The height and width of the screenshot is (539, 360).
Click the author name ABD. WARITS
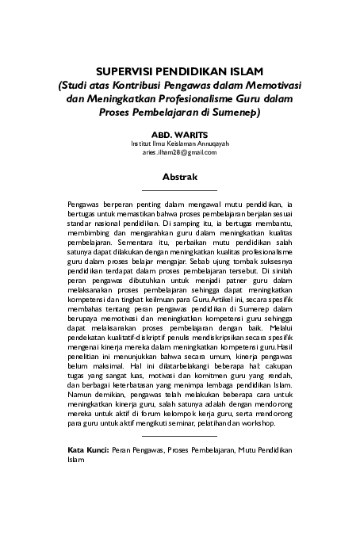tap(179, 135)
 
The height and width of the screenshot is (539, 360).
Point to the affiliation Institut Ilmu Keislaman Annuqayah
tap(179, 143)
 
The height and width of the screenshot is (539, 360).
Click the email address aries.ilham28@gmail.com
tap(179, 152)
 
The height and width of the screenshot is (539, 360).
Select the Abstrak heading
tap(179, 175)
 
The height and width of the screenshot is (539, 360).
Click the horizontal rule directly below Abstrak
tap(179, 191)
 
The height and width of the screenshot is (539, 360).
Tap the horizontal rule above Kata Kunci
tap(179, 436)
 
